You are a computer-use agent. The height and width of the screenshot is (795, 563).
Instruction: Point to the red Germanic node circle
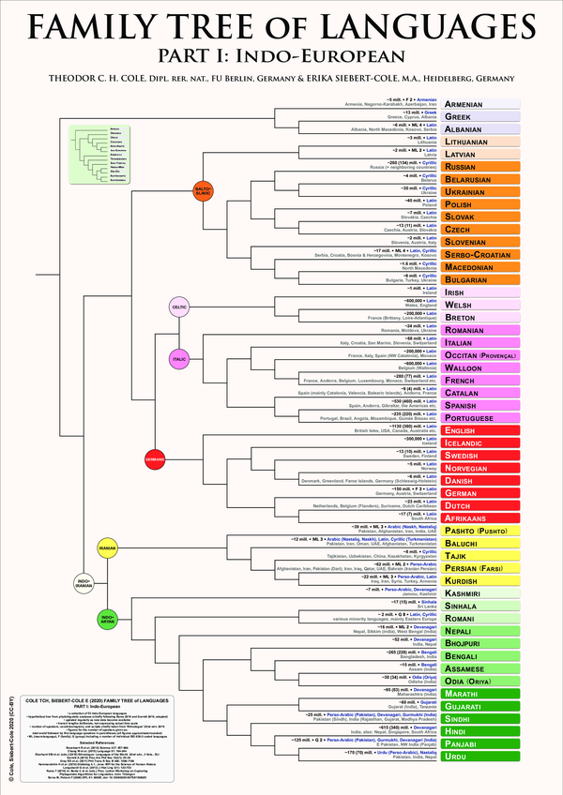pyautogui.click(x=155, y=458)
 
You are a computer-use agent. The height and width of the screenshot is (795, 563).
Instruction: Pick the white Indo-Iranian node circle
pyautogui.click(x=110, y=582)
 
